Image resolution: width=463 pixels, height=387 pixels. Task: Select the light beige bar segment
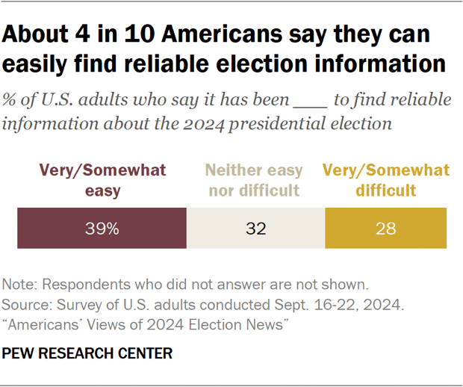[x=255, y=229]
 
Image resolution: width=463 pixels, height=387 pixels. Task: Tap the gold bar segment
[x=385, y=229]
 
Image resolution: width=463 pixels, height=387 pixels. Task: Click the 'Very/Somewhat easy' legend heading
[x=103, y=180]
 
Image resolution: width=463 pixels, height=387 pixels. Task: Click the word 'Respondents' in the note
[x=78, y=285]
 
